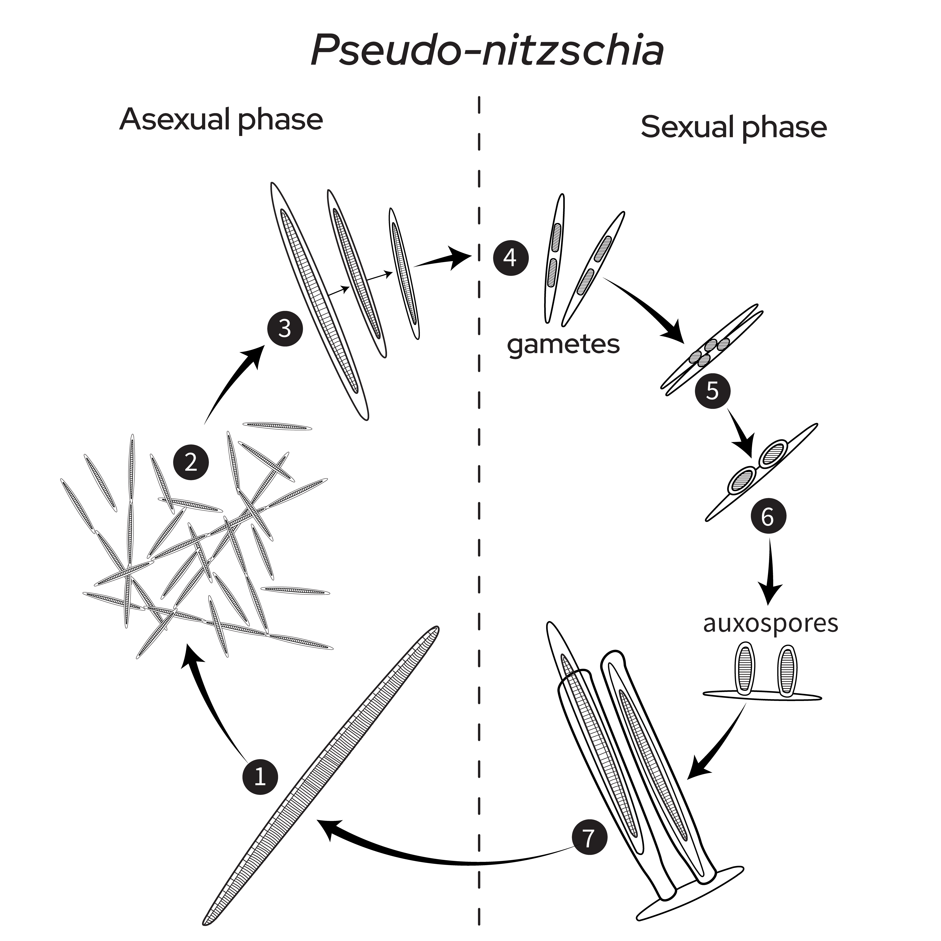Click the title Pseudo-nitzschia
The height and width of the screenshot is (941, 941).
coord(487,50)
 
